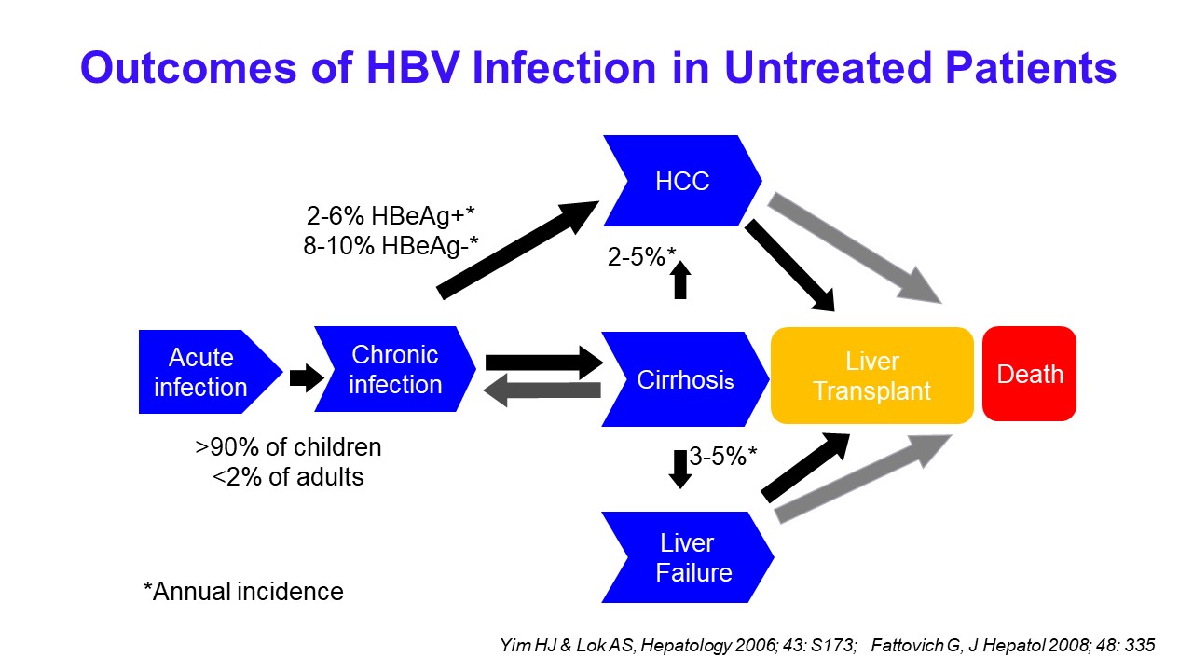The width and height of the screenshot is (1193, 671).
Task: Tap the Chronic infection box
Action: pyautogui.click(x=395, y=369)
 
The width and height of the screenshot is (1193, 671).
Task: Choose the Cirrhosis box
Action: pyautogui.click(x=685, y=379)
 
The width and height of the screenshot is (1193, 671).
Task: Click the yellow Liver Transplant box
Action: pyautogui.click(x=871, y=376)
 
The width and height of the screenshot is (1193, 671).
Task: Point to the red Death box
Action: pyautogui.click(x=1030, y=374)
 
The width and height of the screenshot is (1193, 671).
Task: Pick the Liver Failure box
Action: pyautogui.click(x=688, y=557)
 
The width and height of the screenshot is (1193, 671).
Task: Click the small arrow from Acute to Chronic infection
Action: pyautogui.click(x=307, y=378)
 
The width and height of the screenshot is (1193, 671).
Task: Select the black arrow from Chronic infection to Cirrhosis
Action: pyautogui.click(x=544, y=363)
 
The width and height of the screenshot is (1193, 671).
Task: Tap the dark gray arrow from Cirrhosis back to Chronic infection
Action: pyautogui.click(x=542, y=390)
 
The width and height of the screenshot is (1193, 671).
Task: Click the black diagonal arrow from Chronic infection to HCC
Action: pyautogui.click(x=517, y=250)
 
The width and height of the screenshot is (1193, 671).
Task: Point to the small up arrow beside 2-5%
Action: pyautogui.click(x=680, y=280)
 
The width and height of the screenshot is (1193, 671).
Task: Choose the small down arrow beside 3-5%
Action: pyautogui.click(x=680, y=469)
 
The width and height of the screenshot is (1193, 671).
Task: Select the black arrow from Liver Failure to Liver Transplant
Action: pyautogui.click(x=805, y=468)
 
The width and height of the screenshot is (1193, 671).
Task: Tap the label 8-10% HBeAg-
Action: pyautogui.click(x=391, y=245)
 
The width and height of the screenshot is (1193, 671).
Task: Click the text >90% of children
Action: pyautogui.click(x=288, y=446)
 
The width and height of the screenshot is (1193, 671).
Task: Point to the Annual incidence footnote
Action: pyautogui.click(x=243, y=591)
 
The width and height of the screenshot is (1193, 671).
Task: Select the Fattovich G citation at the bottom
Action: pyautogui.click(x=1013, y=645)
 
